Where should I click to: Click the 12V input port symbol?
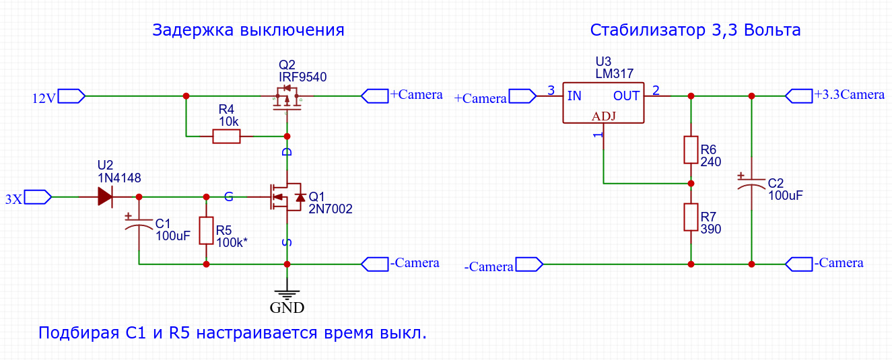click(x=71, y=96)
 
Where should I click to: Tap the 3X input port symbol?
click(x=38, y=197)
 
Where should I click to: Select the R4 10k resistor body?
click(x=227, y=136)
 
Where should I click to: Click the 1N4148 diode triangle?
click(x=105, y=196)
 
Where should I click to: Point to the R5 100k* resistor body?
click(x=206, y=231)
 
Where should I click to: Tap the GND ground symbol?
click(x=287, y=295)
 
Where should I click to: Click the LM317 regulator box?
click(x=603, y=103)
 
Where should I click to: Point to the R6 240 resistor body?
click(x=691, y=150)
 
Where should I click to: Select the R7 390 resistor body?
click(x=691, y=217)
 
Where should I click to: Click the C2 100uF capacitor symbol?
click(x=751, y=183)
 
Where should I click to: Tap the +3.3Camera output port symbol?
click(x=799, y=96)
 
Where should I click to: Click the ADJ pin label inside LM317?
click(x=604, y=116)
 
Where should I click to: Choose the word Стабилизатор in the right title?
click(x=648, y=30)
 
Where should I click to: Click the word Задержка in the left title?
click(x=193, y=30)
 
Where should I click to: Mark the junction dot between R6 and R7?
click(x=691, y=184)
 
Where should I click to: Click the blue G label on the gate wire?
click(x=229, y=196)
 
